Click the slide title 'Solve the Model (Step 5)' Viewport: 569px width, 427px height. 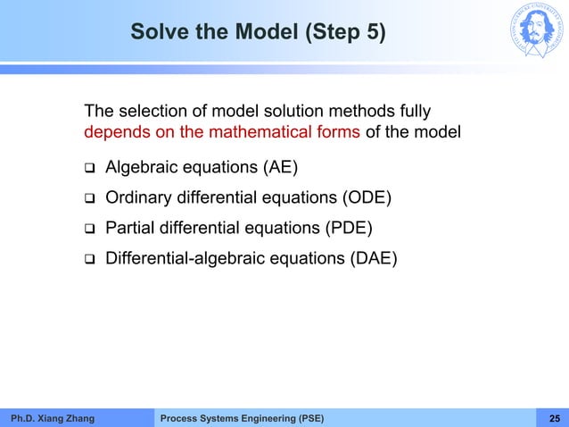258,33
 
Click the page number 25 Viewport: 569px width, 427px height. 554,418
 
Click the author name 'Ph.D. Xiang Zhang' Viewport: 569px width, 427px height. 51,418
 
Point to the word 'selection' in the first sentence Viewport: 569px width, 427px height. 145,112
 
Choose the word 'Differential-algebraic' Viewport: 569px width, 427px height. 179,259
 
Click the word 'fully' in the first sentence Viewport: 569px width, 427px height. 413,112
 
